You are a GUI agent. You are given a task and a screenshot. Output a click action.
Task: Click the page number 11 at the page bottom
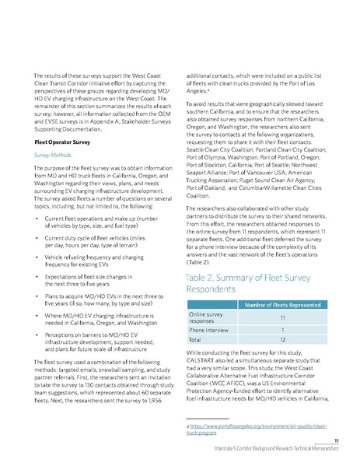coord(337,441)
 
